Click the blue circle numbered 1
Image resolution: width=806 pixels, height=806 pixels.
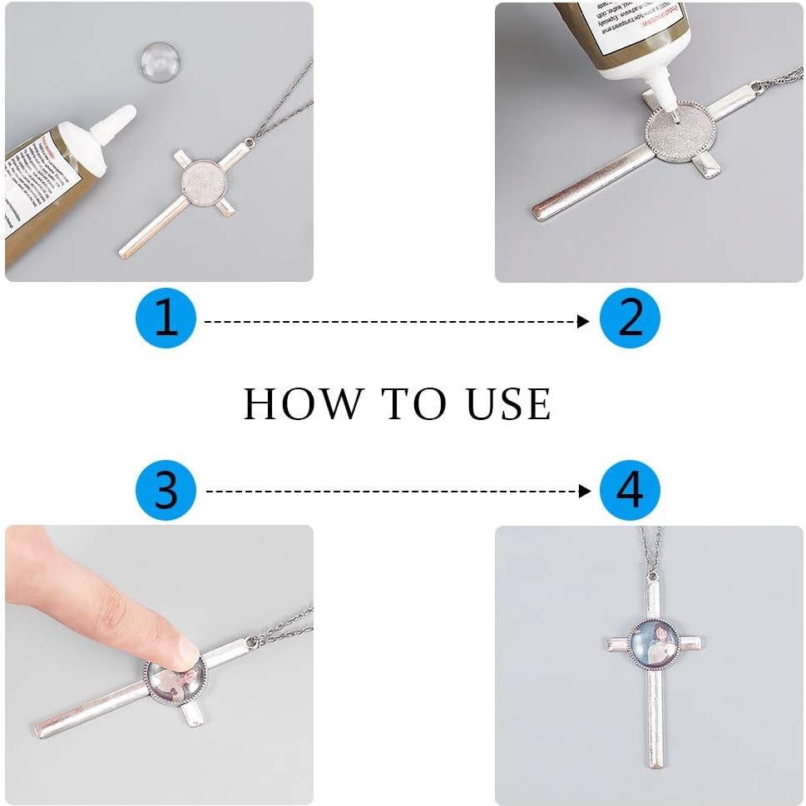pyautogui.click(x=166, y=319)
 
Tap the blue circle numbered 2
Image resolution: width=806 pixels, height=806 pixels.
pyautogui.click(x=630, y=319)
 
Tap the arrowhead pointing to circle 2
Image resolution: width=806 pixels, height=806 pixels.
pyautogui.click(x=584, y=321)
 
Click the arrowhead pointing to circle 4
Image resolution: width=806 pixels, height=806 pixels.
pyautogui.click(x=584, y=492)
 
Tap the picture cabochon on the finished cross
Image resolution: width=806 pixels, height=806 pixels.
pyautogui.click(x=655, y=644)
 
